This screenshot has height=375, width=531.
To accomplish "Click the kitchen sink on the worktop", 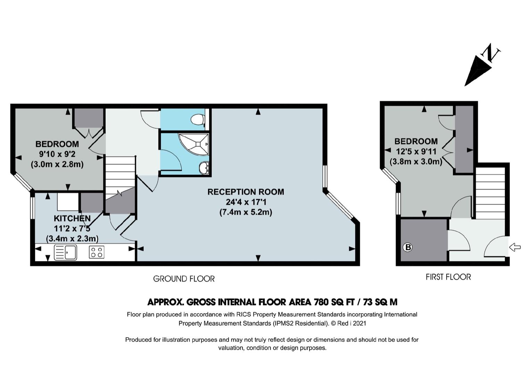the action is coord(65,252).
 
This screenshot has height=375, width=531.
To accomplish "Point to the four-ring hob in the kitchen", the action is coord(97,252).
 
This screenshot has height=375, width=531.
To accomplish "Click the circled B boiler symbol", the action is coord(407,248).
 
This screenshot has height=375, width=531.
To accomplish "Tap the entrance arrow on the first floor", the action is coord(515,248).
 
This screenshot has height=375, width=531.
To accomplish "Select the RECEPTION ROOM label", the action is coord(246,192).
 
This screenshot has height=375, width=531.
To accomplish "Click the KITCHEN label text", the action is coord(72,218).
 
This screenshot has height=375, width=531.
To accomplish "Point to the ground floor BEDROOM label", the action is coord(57,144).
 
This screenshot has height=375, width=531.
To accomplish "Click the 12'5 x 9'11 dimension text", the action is coord(416,151).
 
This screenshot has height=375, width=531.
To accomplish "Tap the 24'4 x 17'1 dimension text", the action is coord(246,202).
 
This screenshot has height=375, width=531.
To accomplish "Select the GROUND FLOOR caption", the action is coord(184,279).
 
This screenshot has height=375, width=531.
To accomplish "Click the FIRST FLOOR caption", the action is coord(448,277).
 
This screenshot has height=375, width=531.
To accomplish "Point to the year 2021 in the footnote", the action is coord(359,323).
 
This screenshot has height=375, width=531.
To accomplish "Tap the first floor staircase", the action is coord(490,193).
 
